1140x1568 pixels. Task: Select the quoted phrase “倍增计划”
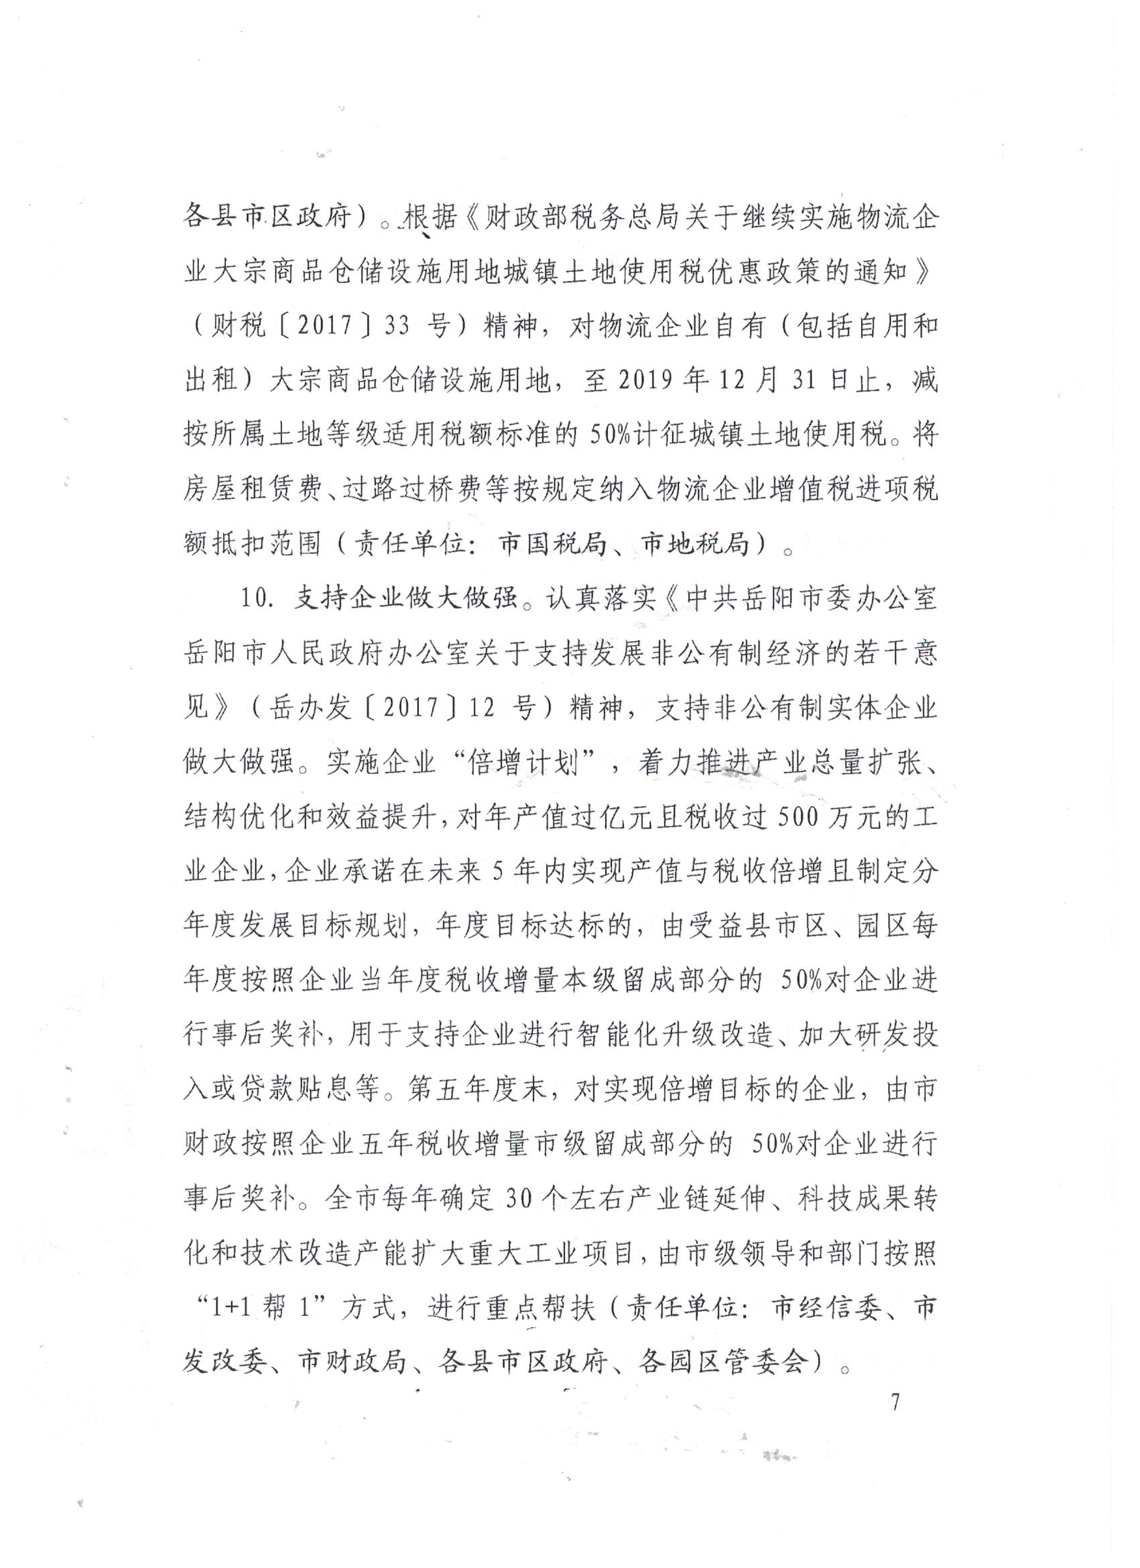523,764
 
